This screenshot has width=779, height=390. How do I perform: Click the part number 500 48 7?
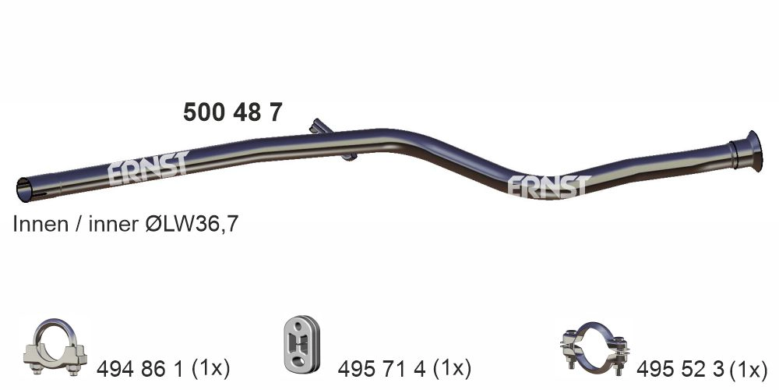[x=232, y=113]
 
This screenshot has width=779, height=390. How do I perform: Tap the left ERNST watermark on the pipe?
[x=148, y=167]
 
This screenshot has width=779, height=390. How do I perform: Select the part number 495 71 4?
[x=381, y=366]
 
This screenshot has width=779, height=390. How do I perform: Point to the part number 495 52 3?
[x=681, y=366]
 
